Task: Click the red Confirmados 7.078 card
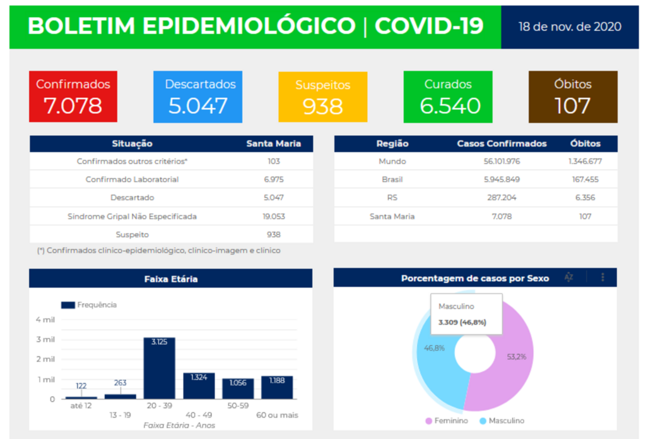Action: [73, 97]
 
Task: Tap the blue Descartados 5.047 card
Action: [197, 97]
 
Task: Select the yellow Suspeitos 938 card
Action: [322, 97]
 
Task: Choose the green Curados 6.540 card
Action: [448, 97]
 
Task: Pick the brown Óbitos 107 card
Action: [572, 97]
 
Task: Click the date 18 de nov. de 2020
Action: [570, 27]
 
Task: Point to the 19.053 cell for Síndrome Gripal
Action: [273, 216]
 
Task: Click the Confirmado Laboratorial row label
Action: [132, 179]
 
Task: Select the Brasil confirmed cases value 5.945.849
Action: [502, 179]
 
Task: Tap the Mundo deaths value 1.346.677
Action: [585, 161]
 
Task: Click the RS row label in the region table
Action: [392, 198]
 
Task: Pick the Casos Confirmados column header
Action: [502, 143]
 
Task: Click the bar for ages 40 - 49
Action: [199, 386]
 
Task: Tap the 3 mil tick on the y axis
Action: [45, 339]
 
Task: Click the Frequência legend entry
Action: [89, 305]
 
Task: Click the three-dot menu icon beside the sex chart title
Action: [603, 277]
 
